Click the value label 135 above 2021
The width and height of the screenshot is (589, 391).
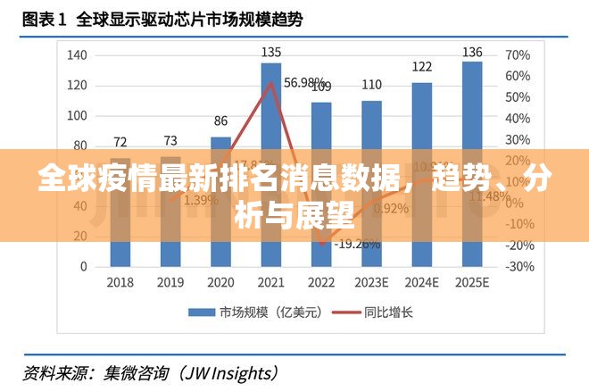click(271, 53)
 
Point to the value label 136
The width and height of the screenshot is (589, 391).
click(472, 52)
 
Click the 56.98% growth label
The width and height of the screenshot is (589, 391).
click(304, 82)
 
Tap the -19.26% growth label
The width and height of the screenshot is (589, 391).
click(356, 243)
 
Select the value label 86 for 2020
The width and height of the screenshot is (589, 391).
click(220, 121)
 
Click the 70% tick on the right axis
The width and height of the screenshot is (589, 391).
click(518, 55)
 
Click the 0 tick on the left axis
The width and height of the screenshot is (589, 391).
click(84, 266)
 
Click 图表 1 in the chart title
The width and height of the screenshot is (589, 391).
click(43, 17)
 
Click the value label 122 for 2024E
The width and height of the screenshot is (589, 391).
click(422, 66)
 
